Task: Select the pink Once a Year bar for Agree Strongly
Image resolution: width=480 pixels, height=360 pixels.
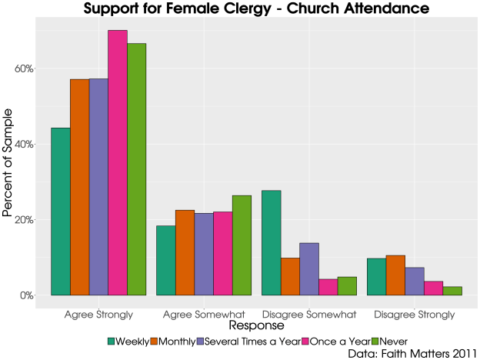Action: click(x=118, y=162)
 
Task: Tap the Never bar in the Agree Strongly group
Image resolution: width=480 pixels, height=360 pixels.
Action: click(x=137, y=169)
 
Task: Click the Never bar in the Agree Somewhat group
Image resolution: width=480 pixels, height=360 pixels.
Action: click(x=242, y=245)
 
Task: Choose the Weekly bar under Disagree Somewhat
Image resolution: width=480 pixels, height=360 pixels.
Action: click(x=272, y=242)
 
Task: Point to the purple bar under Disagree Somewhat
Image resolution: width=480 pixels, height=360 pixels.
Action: click(x=309, y=269)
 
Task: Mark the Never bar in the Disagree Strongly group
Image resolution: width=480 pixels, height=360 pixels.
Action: click(x=452, y=291)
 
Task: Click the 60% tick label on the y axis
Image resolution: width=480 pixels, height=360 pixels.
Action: click(x=24, y=68)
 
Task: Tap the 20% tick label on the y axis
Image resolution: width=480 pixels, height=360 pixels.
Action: click(x=24, y=219)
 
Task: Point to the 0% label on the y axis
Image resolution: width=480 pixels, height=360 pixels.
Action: click(x=26, y=295)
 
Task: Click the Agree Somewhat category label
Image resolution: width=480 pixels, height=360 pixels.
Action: click(x=204, y=315)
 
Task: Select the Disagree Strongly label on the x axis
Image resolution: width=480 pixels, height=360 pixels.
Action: click(x=415, y=315)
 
